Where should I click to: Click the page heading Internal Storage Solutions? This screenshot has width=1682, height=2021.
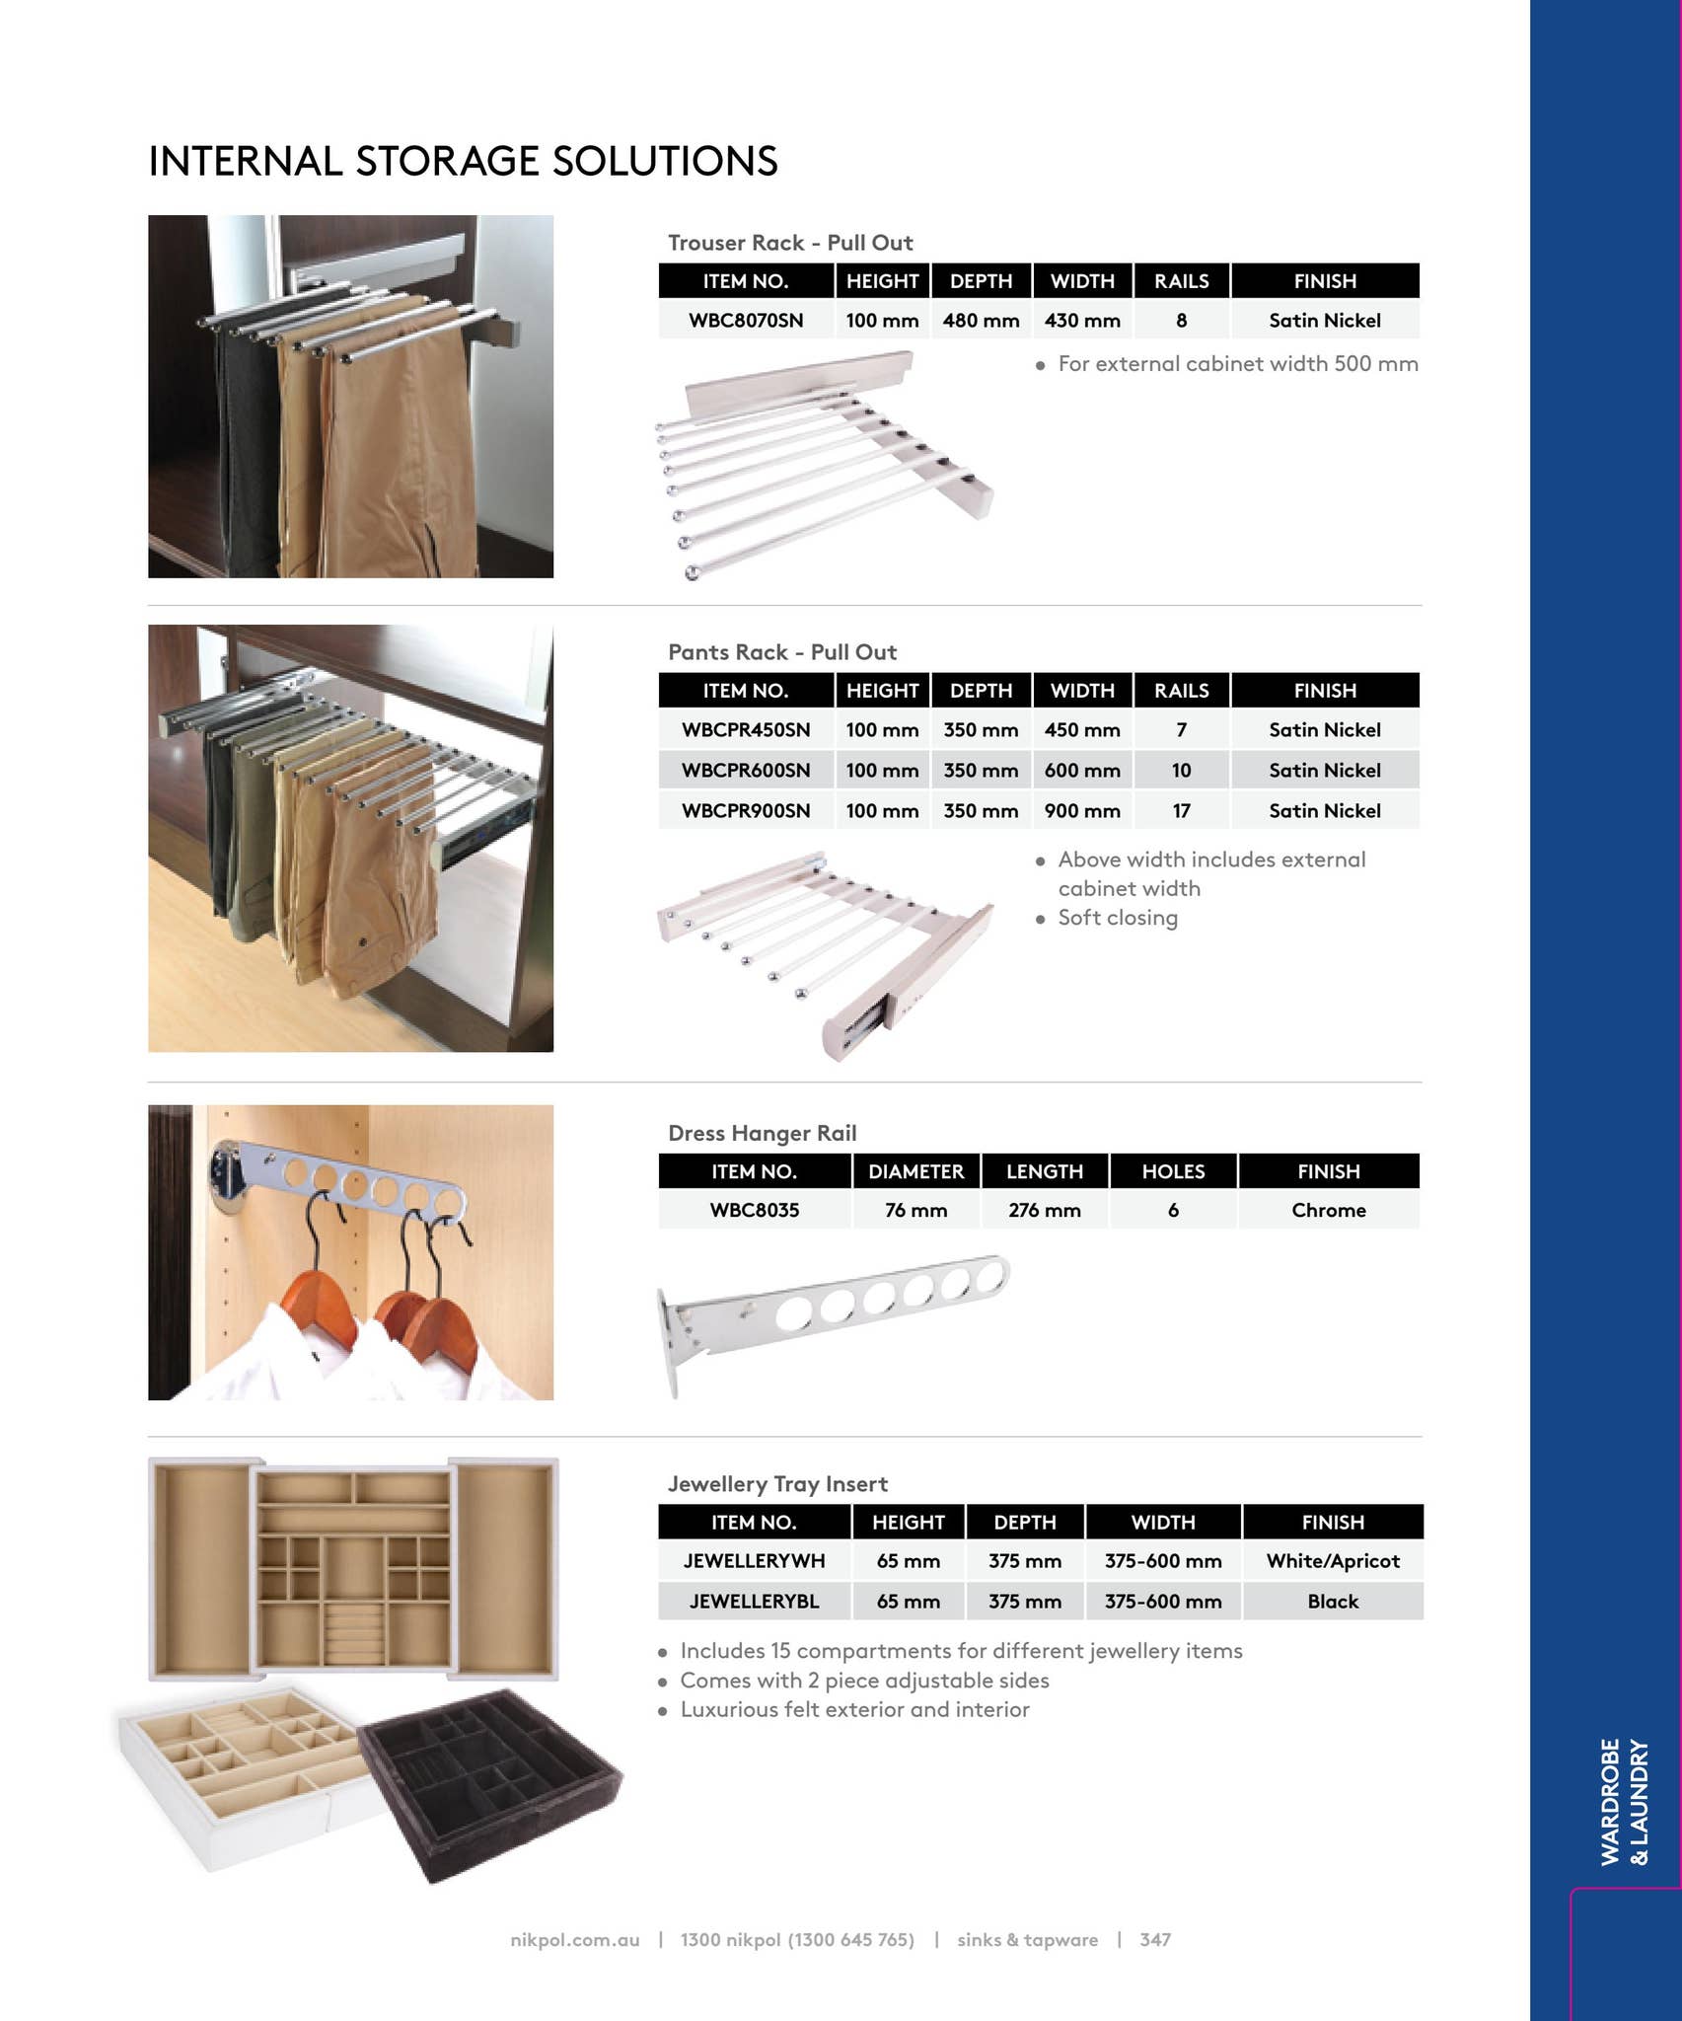tap(463, 162)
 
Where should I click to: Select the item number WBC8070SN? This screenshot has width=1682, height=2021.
tap(746, 321)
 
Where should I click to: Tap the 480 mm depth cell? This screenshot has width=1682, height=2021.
tap(981, 321)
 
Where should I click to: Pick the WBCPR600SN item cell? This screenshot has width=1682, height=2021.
tap(746, 771)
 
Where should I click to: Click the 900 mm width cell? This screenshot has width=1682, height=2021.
tap(1082, 811)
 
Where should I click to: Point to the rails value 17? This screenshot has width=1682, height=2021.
tap(1181, 811)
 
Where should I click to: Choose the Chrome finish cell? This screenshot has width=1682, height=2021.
tap(1328, 1211)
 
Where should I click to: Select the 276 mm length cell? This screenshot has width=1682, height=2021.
tap(1044, 1211)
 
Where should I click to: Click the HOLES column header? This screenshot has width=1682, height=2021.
tap(1173, 1171)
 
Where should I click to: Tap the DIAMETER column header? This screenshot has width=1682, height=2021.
tap(915, 1171)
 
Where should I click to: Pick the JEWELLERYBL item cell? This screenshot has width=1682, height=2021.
tap(754, 1602)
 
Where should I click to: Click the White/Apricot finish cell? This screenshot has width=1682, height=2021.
tap(1332, 1561)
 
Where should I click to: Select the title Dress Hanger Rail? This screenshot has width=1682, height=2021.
tap(762, 1134)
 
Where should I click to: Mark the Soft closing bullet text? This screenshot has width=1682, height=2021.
tap(1117, 919)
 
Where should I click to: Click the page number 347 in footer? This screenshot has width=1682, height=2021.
tap(1154, 1940)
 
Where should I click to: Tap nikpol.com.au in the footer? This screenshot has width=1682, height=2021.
tap(574, 1940)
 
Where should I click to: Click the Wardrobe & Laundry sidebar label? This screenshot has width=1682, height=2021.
tap(1624, 1801)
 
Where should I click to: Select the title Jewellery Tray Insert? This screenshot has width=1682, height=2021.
tap(777, 1484)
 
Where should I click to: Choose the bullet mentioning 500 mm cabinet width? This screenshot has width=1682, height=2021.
tap(1237, 364)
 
